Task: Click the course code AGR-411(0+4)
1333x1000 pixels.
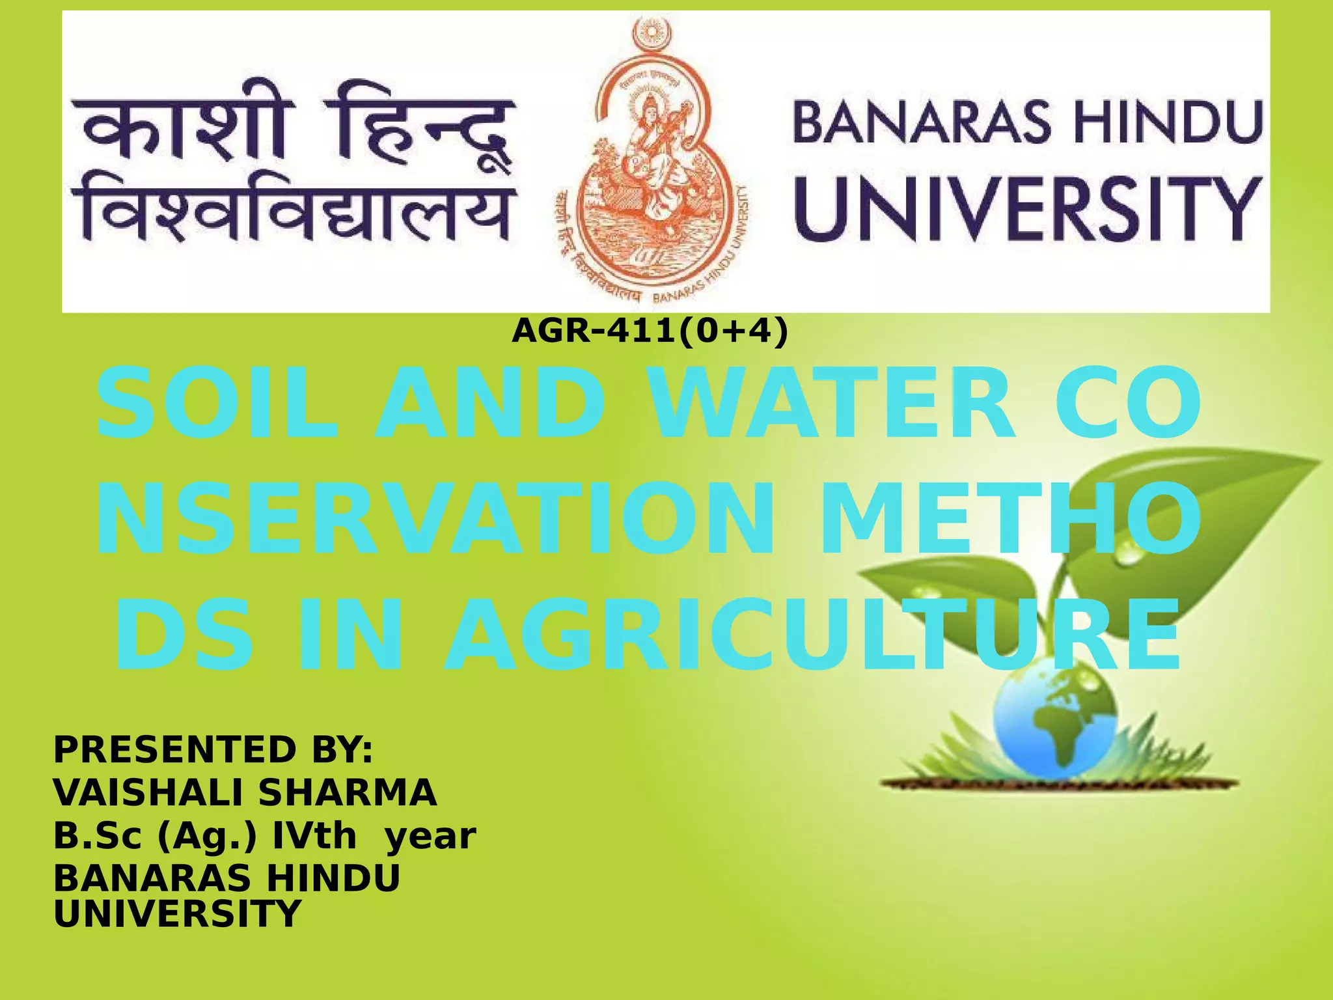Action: click(x=650, y=331)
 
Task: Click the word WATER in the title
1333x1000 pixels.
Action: click(x=833, y=404)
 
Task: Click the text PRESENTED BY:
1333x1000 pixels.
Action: click(x=213, y=749)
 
